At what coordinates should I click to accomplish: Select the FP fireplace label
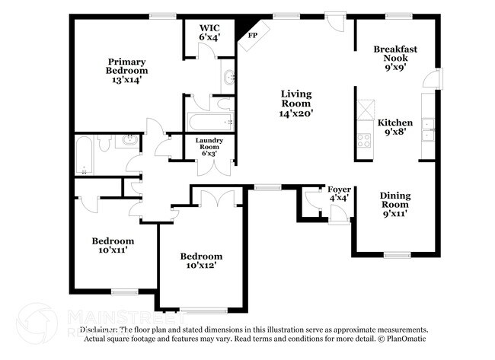coord(252,34)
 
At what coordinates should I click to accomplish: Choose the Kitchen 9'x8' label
coord(395,126)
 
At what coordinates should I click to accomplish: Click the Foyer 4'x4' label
coord(338,193)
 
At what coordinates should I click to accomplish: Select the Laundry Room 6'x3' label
coord(208,146)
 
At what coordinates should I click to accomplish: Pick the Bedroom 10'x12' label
coord(201,261)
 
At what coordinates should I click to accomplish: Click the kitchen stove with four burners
coord(364,139)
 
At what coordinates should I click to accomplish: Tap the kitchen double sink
coord(428,129)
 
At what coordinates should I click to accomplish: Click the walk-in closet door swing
coord(205,50)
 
